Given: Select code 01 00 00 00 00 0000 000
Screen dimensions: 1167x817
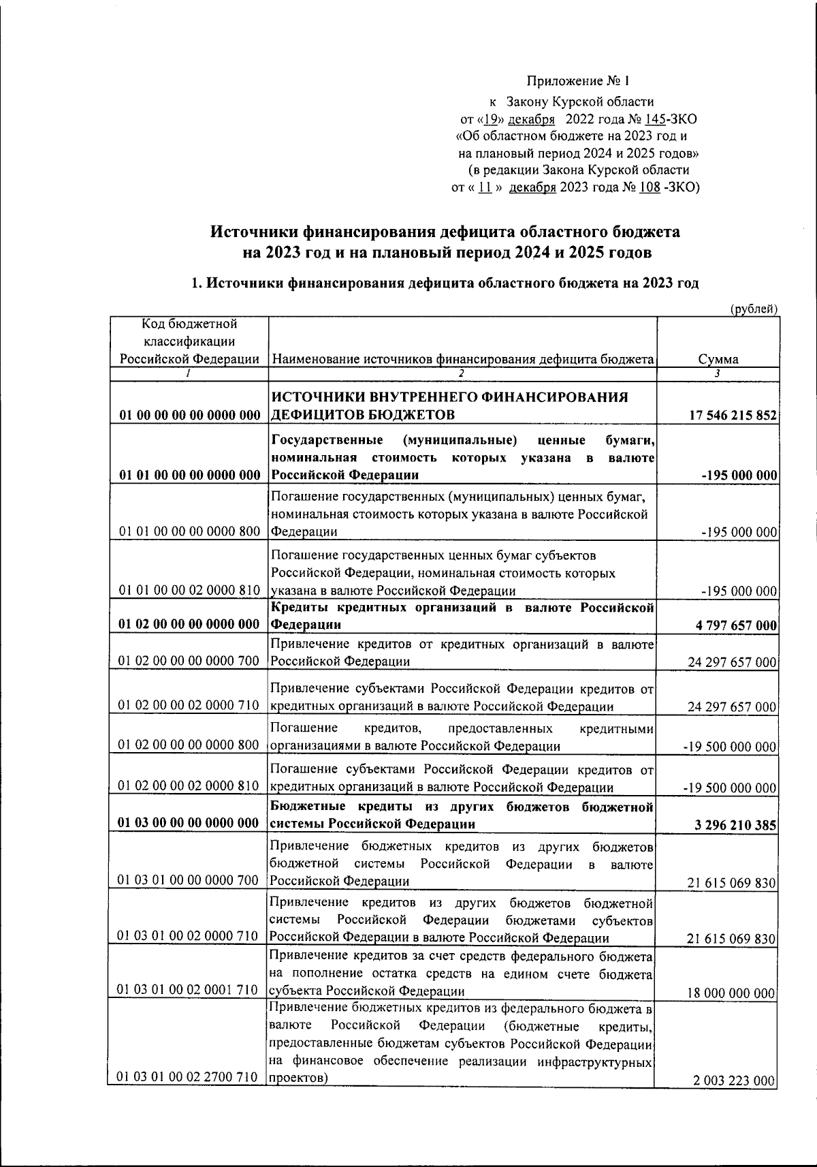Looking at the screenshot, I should tap(189, 416).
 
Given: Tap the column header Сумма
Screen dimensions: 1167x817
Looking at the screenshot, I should tap(718, 360).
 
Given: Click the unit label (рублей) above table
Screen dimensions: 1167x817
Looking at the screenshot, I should tap(754, 309).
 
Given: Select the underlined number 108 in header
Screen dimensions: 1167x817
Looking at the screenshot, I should tap(650, 187).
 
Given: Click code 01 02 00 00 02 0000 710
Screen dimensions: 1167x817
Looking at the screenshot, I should tap(189, 706).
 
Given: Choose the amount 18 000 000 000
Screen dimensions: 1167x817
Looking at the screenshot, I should tap(731, 993).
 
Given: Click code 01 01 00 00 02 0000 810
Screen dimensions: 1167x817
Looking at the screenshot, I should tap(189, 590).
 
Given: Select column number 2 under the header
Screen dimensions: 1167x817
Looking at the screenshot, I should tap(461, 373).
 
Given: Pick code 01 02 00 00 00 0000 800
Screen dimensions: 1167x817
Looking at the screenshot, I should tap(189, 745).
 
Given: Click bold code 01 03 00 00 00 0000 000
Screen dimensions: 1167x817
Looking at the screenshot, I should tap(189, 824).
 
